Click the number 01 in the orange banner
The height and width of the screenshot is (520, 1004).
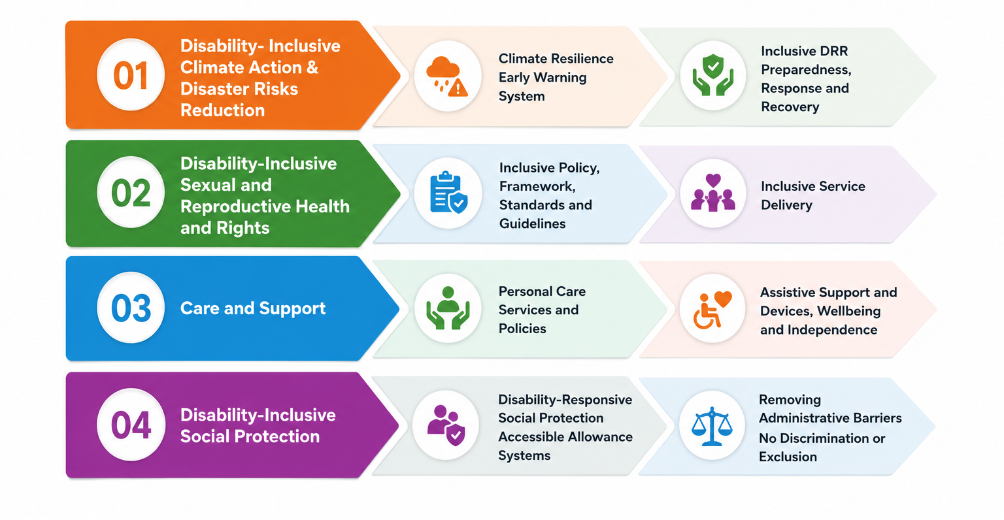[131, 75]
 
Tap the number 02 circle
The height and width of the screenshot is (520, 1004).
[131, 192]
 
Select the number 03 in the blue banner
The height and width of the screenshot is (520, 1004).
[131, 308]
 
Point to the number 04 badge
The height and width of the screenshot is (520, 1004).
[131, 424]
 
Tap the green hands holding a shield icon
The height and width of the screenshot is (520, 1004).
[712, 75]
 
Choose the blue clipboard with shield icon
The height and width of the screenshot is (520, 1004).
[448, 193]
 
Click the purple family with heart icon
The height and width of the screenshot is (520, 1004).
[712, 193]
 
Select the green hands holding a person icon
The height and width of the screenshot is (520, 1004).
[448, 308]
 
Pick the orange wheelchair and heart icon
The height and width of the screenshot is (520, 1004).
[712, 309]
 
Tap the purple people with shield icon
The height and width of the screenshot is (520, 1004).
[446, 425]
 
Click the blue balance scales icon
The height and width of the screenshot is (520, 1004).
[712, 426]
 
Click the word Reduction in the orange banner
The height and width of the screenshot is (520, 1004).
[223, 110]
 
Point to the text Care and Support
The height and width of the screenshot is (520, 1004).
[253, 308]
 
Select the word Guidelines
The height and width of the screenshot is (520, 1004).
[533, 223]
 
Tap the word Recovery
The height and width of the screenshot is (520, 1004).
[790, 106]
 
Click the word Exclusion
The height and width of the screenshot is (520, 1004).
[788, 457]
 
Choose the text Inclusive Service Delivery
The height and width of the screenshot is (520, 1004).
[813, 195]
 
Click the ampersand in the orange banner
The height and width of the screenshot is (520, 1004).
[312, 67]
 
